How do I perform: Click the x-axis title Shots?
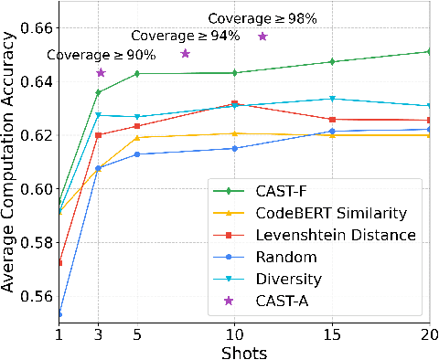pyautogui.click(x=244, y=351)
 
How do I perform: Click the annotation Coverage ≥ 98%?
pyautogui.click(x=250, y=18)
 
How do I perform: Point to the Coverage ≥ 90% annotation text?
pyautogui.click(x=89, y=54)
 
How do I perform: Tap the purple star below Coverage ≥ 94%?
pyautogui.click(x=185, y=54)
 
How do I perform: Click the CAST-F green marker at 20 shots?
pyautogui.click(x=429, y=52)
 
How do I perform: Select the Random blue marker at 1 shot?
pyautogui.click(x=59, y=314)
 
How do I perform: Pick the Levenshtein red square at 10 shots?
pyautogui.click(x=235, y=103)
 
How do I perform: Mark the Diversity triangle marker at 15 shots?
pyautogui.click(x=332, y=99)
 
